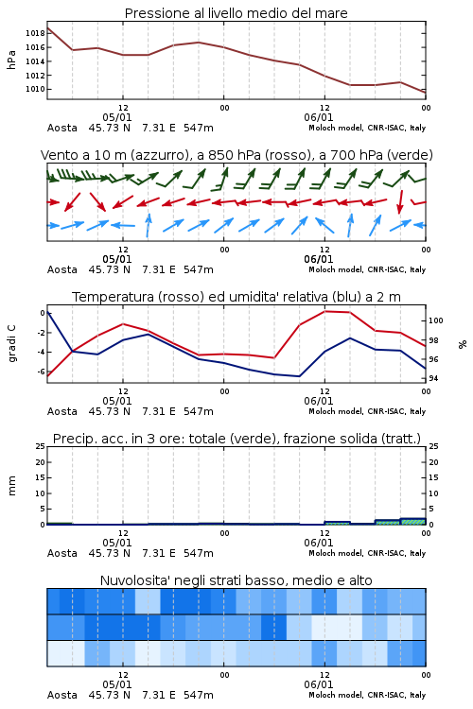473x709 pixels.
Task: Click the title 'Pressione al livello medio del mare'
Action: tap(236, 13)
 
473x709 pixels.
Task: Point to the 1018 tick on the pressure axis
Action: tap(35, 33)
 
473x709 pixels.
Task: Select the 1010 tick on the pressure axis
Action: tap(35, 89)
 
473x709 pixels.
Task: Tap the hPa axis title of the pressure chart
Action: tap(11, 60)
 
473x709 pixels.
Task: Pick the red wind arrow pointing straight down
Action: tap(400, 202)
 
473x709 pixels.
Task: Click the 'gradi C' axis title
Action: tap(11, 343)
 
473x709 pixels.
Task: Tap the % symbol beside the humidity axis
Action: tap(463, 344)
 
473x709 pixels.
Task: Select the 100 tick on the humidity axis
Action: tap(436, 320)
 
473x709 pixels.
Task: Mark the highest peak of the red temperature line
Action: tap(325, 311)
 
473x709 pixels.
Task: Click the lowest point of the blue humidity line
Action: tap(299, 376)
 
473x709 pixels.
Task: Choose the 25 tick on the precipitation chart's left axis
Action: tap(41, 446)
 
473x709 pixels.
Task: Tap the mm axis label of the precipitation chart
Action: tap(11, 486)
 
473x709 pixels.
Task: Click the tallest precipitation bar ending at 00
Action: tap(412, 521)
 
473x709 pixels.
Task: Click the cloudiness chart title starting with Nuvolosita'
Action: tap(236, 580)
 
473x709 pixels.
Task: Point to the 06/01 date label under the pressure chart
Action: tap(319, 117)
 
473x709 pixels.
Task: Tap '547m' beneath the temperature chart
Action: tap(199, 411)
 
